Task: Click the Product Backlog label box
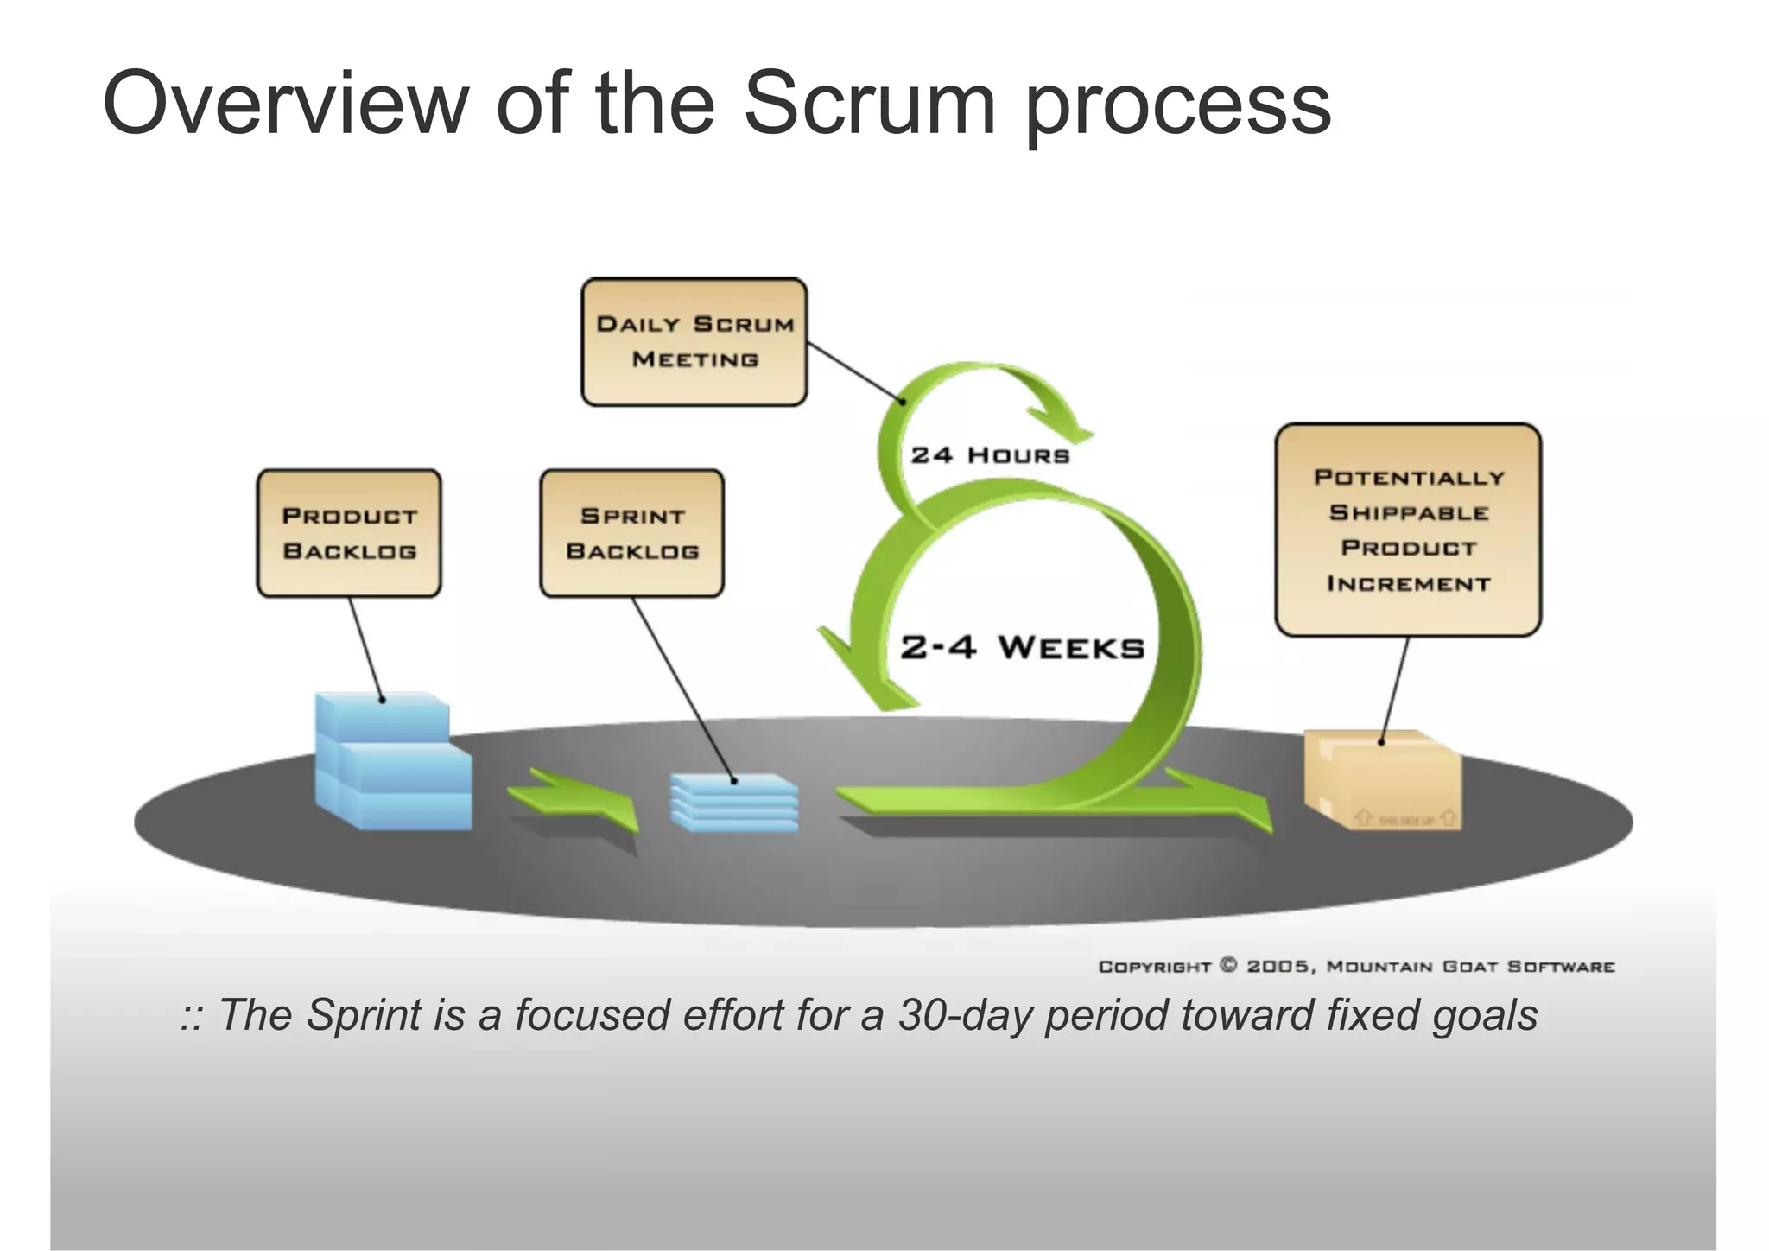coord(349,533)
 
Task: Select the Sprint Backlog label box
coord(631,533)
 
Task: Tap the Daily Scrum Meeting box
coord(694,342)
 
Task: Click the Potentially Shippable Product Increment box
coord(1408,530)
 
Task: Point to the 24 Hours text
coord(990,455)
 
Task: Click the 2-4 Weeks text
coord(1022,647)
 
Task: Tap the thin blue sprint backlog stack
coord(734,803)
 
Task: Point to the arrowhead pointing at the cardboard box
coord(1244,808)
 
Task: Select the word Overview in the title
coord(285,104)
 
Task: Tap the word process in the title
coord(1178,108)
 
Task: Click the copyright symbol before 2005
coord(1228,965)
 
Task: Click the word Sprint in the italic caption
coord(364,1015)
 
